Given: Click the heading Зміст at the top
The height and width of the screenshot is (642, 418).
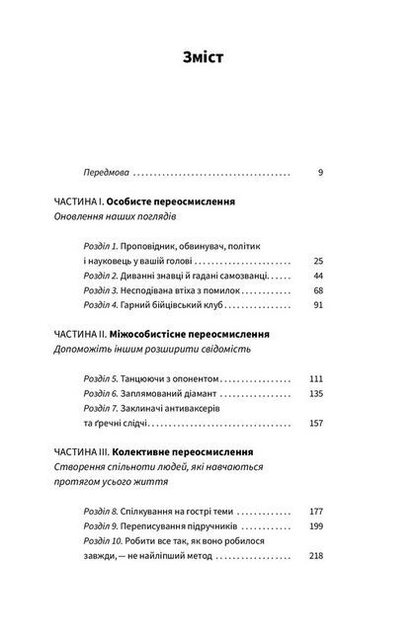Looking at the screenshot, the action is pyautogui.click(x=209, y=56).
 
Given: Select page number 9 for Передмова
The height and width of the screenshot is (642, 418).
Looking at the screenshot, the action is pyautogui.click(x=321, y=172).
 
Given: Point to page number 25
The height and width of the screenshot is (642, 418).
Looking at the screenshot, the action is pyautogui.click(x=318, y=261).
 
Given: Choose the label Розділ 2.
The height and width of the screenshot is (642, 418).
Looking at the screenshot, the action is pyautogui.click(x=100, y=278).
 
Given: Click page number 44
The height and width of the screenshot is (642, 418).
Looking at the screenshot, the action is pyautogui.click(x=318, y=278).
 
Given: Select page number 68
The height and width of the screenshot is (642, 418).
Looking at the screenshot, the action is pyautogui.click(x=318, y=293).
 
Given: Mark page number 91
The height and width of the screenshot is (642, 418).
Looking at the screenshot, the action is pyautogui.click(x=318, y=309).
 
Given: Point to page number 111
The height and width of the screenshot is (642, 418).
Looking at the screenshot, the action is pyautogui.click(x=316, y=378).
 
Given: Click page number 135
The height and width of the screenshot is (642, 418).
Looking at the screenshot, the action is pyautogui.click(x=316, y=394).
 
